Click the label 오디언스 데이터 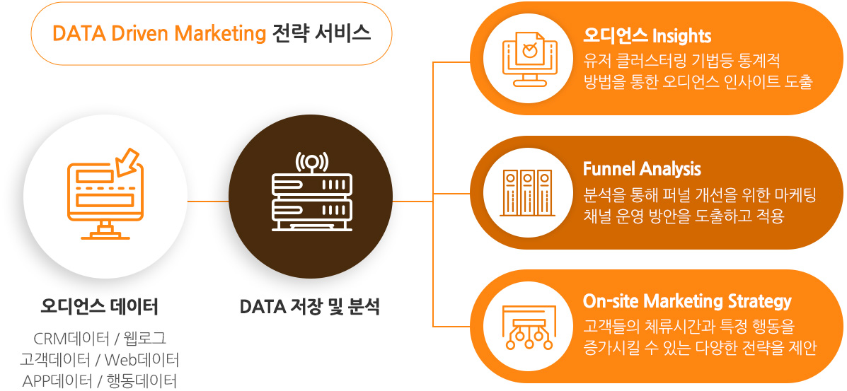click(99, 308)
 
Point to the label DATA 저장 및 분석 click(309, 308)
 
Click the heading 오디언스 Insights click(647, 36)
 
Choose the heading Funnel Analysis click(642, 169)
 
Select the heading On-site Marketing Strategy click(687, 301)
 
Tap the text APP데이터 click(57, 380)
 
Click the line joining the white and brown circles click(208, 201)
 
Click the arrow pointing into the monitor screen click(128, 161)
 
